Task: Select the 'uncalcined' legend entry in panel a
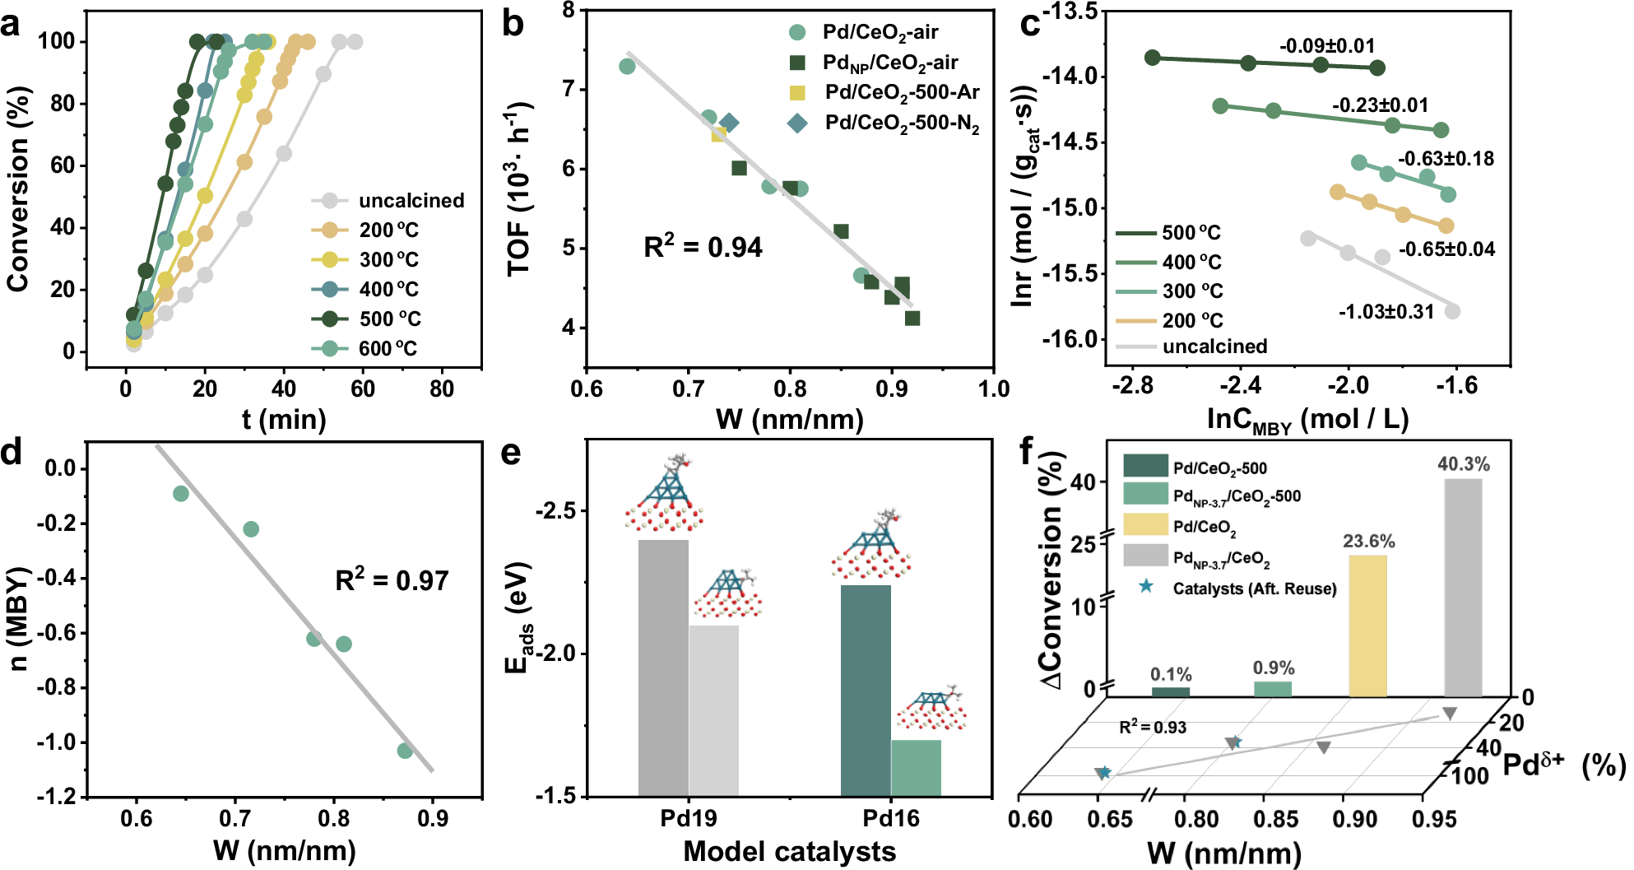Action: pos(411,201)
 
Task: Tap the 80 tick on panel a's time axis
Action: pos(441,388)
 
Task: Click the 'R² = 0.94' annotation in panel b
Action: pos(703,247)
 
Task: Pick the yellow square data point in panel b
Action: pos(718,134)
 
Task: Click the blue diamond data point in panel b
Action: pos(729,123)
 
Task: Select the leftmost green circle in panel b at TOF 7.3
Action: pos(627,67)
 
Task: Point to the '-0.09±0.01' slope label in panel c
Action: pos(1327,46)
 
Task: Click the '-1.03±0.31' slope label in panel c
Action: pos(1386,312)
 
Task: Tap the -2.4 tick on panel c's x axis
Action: pos(1240,385)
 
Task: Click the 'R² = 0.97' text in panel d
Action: pos(392,580)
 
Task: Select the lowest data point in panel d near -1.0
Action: pos(405,751)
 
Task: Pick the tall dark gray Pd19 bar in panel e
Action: pos(663,667)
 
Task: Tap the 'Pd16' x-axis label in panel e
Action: pos(891,818)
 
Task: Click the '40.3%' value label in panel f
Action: pos(1463,464)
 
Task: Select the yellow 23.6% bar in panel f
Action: pos(1367,626)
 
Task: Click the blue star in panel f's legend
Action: pos(1145,587)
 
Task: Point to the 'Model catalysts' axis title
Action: pos(789,851)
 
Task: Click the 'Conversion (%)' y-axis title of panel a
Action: pos(18,189)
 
